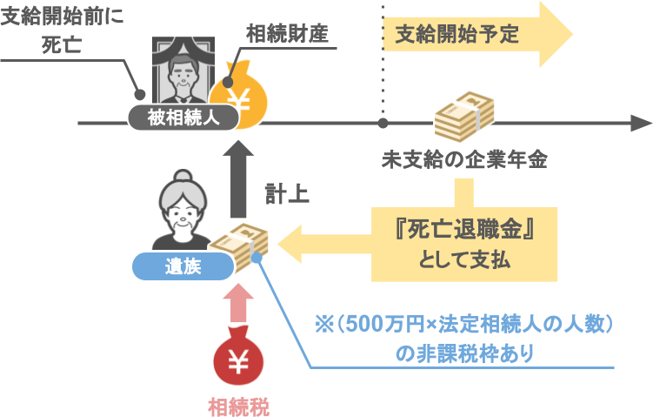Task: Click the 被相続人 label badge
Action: [183, 118]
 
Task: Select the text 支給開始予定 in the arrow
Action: [456, 35]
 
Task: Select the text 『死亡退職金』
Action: [463, 231]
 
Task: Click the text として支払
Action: [463, 260]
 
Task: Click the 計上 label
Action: [287, 192]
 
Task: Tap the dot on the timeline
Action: [382, 124]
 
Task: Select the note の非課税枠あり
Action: [463, 353]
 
